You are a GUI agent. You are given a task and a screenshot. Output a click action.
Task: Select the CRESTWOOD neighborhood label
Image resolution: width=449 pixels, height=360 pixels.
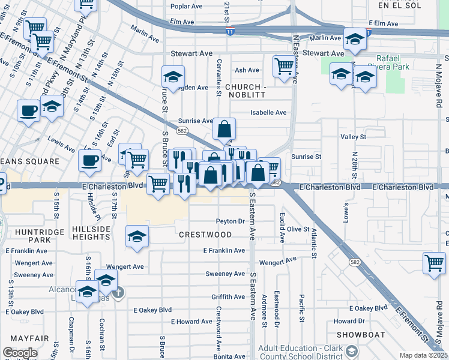(205, 234)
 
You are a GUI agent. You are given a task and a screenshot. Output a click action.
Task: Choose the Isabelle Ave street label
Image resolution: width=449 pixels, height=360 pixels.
(268, 112)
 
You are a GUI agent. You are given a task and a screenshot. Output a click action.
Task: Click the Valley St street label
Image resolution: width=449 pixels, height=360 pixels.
(353, 137)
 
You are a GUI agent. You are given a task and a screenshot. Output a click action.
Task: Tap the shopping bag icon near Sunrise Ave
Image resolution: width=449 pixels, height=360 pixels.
(224, 128)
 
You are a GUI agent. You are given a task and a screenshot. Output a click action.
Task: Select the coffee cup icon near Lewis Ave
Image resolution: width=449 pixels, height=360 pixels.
(89, 159)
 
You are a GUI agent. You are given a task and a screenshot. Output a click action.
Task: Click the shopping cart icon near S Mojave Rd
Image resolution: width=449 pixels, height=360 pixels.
(434, 262)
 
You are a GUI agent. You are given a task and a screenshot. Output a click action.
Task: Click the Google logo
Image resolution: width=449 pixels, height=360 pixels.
(20, 353)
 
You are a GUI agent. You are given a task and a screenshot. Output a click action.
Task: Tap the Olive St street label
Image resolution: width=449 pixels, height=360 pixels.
(298, 229)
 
